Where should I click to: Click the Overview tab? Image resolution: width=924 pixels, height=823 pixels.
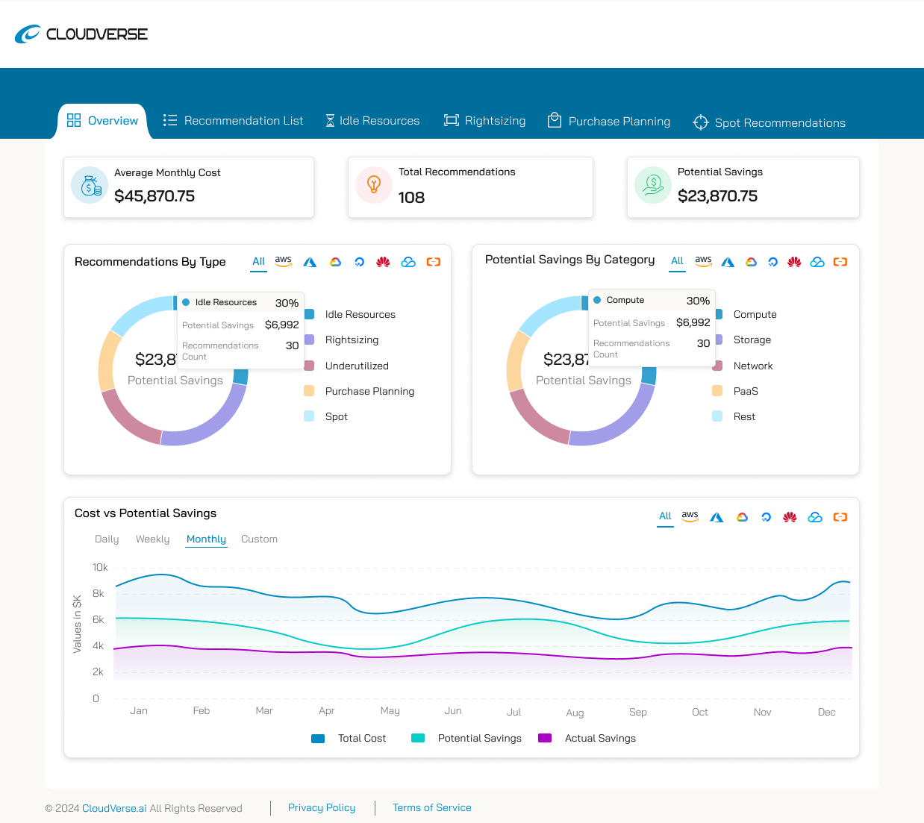pyautogui.click(x=103, y=121)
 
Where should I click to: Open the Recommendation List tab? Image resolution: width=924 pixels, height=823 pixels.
pyautogui.click(x=233, y=121)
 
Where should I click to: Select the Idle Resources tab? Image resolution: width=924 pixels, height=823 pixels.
pyautogui.click(x=372, y=121)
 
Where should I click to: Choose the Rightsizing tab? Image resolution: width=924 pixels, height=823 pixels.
pyautogui.click(x=484, y=121)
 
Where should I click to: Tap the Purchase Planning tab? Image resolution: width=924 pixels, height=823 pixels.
pyautogui.click(x=608, y=122)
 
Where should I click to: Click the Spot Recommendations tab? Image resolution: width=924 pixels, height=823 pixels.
pyautogui.click(x=769, y=123)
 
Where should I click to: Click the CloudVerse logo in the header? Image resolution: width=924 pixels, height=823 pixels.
pyautogui.click(x=81, y=34)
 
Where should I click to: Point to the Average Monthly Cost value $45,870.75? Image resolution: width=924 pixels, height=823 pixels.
pyautogui.click(x=154, y=196)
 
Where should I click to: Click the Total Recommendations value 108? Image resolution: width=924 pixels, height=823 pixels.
pyautogui.click(x=411, y=198)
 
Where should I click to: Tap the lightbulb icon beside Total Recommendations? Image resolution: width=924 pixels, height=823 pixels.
pyautogui.click(x=374, y=185)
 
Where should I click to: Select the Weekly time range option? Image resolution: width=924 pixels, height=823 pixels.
pyautogui.click(x=152, y=539)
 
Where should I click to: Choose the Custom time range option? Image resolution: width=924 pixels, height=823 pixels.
pyautogui.click(x=259, y=539)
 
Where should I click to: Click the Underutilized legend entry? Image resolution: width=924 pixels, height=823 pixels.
pyautogui.click(x=357, y=366)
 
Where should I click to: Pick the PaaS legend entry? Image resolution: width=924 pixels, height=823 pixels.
pyautogui.click(x=745, y=392)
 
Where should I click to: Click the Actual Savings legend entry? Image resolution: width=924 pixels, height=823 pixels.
pyautogui.click(x=599, y=739)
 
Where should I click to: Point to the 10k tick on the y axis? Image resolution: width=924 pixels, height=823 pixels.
pyautogui.click(x=100, y=568)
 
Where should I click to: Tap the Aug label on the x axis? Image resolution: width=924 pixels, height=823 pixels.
pyautogui.click(x=575, y=713)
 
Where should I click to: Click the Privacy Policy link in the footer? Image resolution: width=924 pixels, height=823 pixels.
pyautogui.click(x=322, y=808)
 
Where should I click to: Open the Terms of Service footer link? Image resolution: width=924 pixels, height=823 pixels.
pyautogui.click(x=431, y=808)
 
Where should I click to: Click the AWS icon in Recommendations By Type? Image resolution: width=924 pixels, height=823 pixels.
pyautogui.click(x=283, y=261)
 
